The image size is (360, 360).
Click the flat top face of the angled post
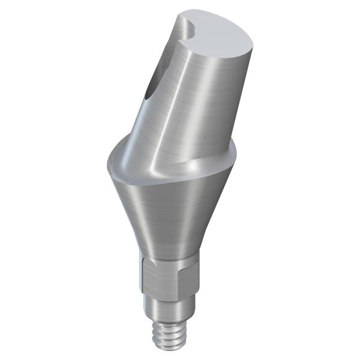(x=225, y=33)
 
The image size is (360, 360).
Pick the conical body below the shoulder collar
(x=168, y=210)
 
